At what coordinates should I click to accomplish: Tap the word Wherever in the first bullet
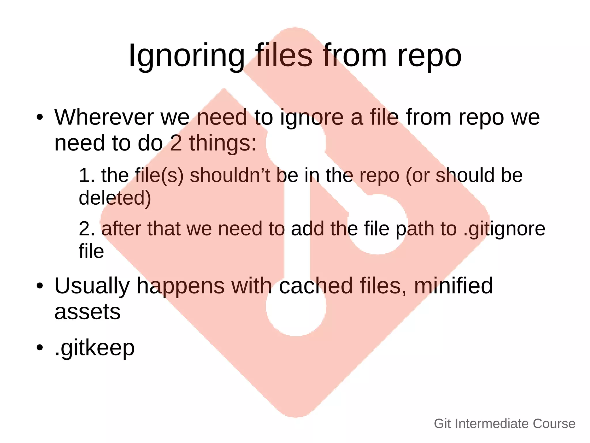tap(104, 117)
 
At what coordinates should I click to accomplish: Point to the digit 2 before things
tap(176, 143)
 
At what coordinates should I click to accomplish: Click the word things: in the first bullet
tap(223, 143)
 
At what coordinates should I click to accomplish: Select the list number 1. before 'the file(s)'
tap(87, 175)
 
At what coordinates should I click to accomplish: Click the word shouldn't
tap(230, 175)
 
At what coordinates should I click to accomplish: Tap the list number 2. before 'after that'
tap(87, 229)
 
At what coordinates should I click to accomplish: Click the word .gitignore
tap(504, 229)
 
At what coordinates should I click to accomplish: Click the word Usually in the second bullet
tap(92, 286)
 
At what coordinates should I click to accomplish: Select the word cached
tap(316, 286)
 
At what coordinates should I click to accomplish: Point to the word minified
tap(453, 286)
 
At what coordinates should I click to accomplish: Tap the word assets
tap(87, 312)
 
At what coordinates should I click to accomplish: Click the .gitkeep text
tap(94, 348)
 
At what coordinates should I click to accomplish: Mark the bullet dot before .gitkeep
tap(39, 347)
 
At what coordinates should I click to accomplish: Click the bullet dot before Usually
tap(39, 286)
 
